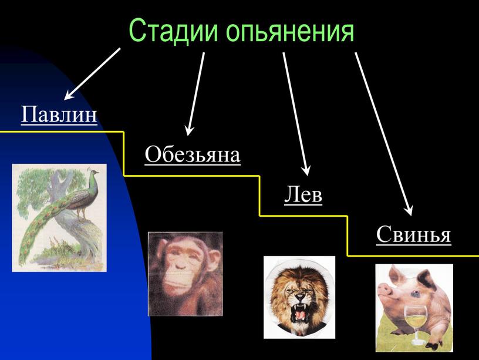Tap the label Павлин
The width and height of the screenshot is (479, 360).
coord(59,115)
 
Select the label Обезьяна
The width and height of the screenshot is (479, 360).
coord(193,154)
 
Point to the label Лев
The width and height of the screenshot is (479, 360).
coord(303,194)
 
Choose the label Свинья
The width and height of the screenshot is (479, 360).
coord(413,234)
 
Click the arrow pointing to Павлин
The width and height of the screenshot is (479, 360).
coord(92,73)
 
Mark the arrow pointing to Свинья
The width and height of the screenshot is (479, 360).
coord(384,134)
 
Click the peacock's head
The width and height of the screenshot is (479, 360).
coord(93,172)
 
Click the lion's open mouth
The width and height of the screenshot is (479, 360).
coord(301,312)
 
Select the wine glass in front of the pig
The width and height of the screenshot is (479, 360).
coord(416,324)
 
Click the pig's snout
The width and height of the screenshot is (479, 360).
coord(384,290)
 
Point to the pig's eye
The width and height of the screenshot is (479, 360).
coord(414,294)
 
